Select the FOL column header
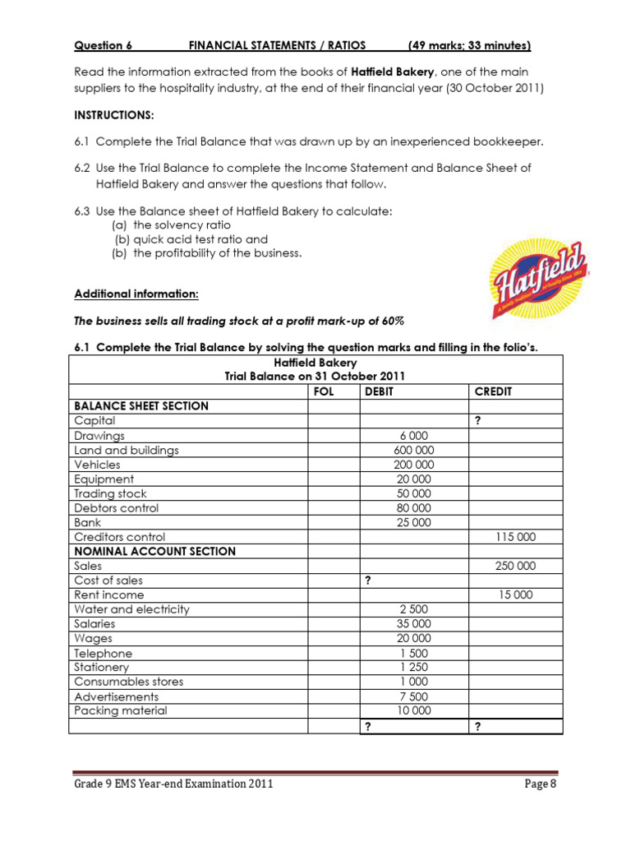coord(324,391)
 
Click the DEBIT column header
coord(379,391)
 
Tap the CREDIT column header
coord(493,391)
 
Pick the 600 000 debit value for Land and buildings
coord(414,450)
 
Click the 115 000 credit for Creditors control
coord(515,536)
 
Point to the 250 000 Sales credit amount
coord(515,566)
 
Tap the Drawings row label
coord(99,436)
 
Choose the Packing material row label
coord(120,710)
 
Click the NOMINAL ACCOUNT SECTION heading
coord(154,551)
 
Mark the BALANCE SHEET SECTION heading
coord(141,406)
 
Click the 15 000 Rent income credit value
coord(518,594)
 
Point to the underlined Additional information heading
coord(136,294)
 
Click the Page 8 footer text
coord(541,784)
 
